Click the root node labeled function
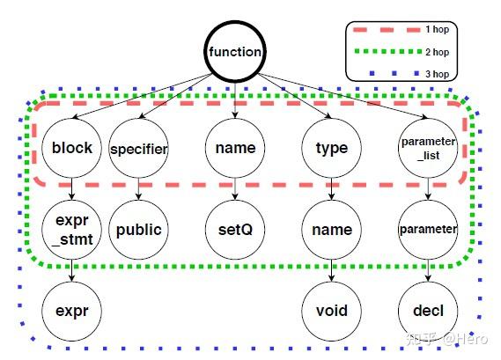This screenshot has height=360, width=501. (x=235, y=52)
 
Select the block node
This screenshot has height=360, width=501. (x=72, y=148)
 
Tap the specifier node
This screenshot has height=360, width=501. (x=139, y=148)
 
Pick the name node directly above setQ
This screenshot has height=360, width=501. (x=235, y=148)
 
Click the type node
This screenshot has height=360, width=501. (x=332, y=148)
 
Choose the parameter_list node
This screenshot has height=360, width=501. (x=428, y=148)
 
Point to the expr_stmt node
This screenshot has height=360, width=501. (x=72, y=230)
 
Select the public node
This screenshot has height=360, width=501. (x=139, y=230)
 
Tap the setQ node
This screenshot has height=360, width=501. (x=235, y=230)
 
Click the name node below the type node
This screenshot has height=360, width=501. (x=332, y=230)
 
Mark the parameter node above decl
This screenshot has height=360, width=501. (x=428, y=230)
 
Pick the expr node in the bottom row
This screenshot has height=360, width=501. (x=72, y=311)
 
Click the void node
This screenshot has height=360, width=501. (x=332, y=311)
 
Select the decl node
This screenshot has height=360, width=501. (x=428, y=311)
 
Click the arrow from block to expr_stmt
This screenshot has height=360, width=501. (x=72, y=188)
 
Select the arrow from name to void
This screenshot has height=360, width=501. (x=332, y=270)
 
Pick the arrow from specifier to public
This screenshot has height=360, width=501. (x=139, y=188)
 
